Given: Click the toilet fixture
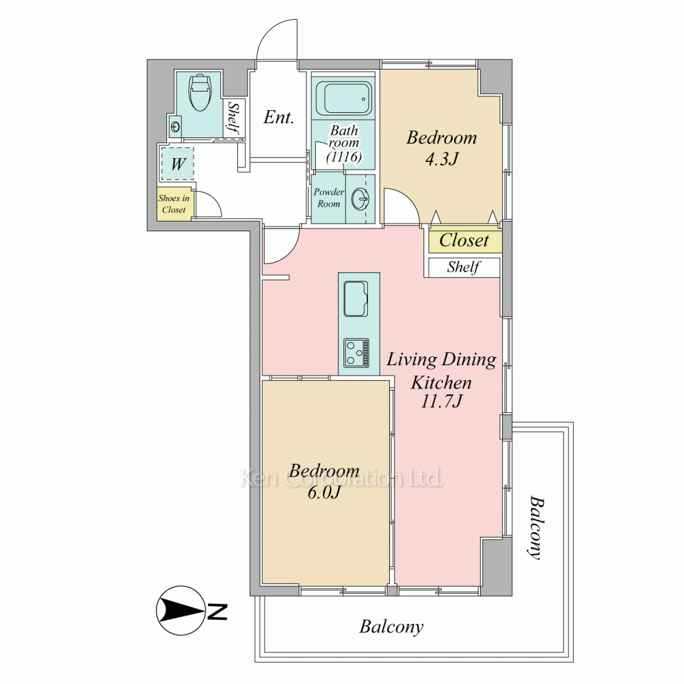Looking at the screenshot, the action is [200, 93].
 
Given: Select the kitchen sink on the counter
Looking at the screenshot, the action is [356, 298].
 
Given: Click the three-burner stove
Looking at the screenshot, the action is [356, 352].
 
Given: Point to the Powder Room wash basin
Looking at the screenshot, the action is [360, 199].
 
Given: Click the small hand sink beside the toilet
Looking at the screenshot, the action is [176, 127].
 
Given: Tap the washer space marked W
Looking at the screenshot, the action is [178, 164].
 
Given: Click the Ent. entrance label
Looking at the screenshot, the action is [279, 117].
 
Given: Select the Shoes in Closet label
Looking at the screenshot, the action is [174, 204].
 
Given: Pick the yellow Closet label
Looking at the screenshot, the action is [464, 240].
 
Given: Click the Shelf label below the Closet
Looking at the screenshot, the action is [464, 267].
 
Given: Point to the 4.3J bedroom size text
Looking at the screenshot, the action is [442, 159].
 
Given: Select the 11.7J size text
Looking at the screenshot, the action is [441, 400].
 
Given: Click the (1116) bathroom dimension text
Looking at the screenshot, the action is [345, 156].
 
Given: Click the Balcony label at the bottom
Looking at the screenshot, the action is [391, 627].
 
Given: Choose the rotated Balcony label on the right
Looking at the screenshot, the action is [536, 527].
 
